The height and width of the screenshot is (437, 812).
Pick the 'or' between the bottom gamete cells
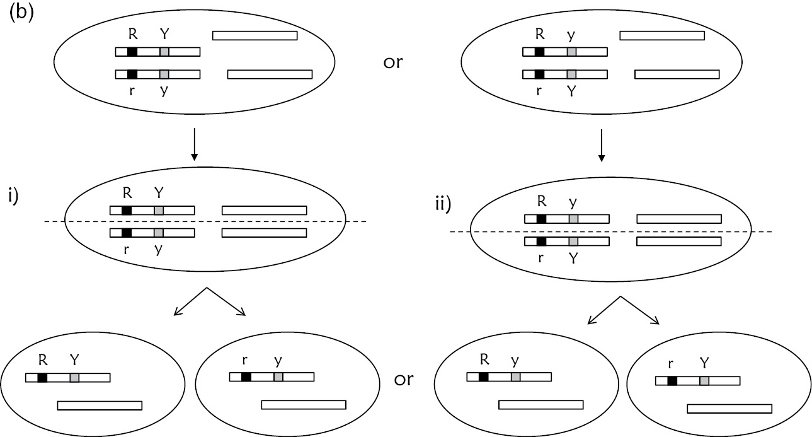(404, 379)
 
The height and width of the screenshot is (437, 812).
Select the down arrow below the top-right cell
(602, 146)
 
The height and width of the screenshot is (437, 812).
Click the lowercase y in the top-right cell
(571, 37)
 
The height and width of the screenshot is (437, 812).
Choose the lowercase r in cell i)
(127, 248)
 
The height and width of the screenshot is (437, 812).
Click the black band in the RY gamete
(42, 378)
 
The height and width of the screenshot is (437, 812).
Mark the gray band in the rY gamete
(704, 381)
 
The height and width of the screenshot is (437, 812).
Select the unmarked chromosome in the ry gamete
(304, 404)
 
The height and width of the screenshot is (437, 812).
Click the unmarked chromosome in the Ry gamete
(540, 404)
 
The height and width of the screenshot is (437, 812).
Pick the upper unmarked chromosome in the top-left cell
(254, 35)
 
